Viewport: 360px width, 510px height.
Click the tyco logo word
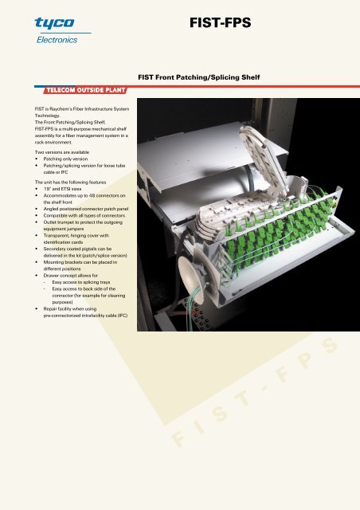pos(55,23)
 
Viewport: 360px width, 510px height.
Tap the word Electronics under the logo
pos(57,40)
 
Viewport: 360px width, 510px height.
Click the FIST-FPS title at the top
pos(220,23)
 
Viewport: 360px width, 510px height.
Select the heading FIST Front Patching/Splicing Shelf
pos(198,77)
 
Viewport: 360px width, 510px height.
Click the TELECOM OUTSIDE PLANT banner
pos(85,90)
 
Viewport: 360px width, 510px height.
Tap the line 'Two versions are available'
pos(62,152)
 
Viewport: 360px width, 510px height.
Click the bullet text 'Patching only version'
pos(65,159)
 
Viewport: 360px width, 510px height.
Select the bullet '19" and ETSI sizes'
pos(62,189)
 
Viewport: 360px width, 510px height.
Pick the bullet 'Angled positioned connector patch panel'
pos(86,209)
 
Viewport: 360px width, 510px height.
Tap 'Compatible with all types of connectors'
pos(84,216)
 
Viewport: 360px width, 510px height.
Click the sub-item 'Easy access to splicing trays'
pos(81,282)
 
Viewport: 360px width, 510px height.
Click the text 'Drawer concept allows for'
pos(71,276)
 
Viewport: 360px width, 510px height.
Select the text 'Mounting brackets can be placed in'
pos(80,262)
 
